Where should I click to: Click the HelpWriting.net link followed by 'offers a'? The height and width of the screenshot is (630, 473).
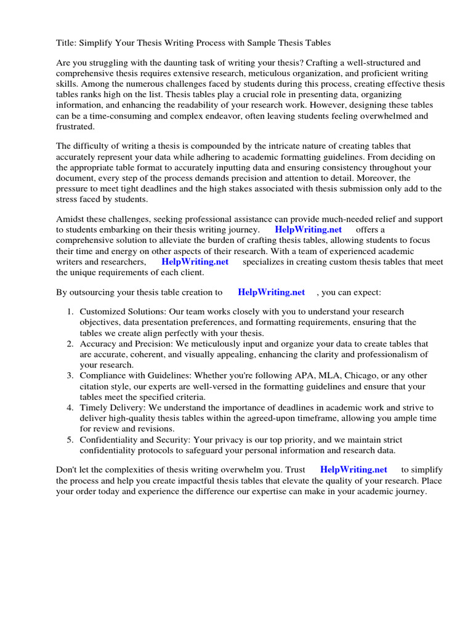(x=308, y=230)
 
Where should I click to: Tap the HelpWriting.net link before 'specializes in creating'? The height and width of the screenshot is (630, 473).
(x=195, y=261)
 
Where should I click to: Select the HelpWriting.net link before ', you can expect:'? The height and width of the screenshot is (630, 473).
(x=271, y=293)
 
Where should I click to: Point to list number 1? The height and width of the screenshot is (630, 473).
(x=70, y=312)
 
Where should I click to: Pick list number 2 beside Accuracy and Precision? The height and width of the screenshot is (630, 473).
(x=70, y=344)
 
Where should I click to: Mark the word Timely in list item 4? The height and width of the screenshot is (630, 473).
(x=94, y=407)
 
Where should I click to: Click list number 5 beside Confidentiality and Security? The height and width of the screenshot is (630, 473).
(x=70, y=439)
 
